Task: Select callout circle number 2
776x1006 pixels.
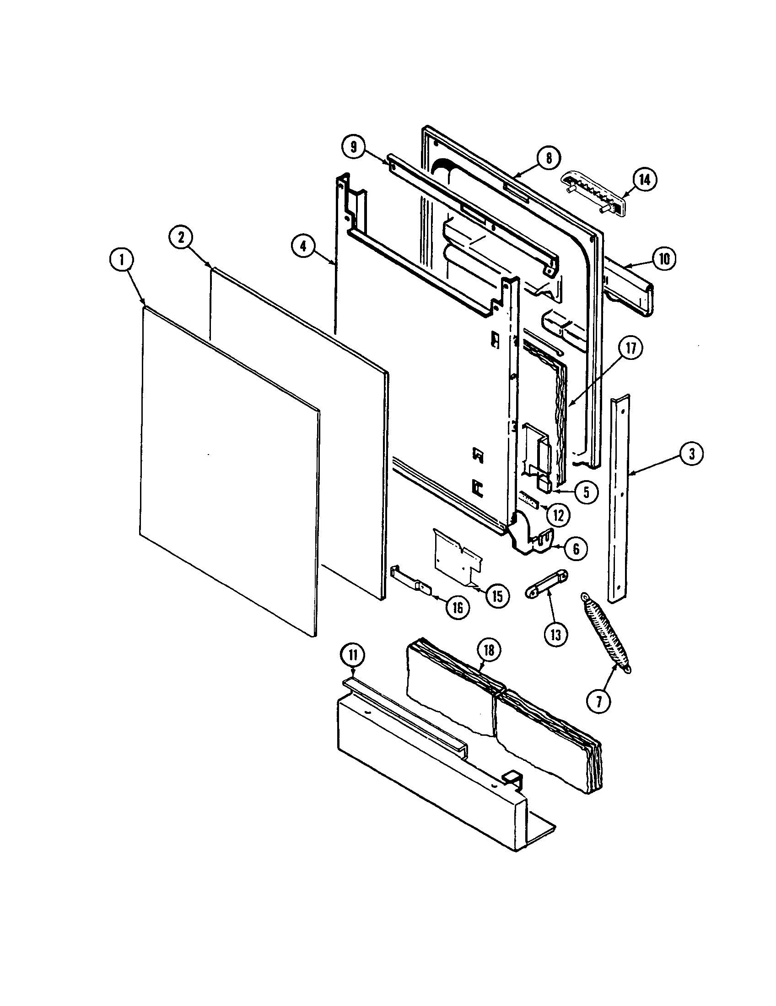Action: tap(181, 237)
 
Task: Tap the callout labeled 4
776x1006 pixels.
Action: tap(303, 246)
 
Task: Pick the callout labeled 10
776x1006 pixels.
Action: tap(663, 258)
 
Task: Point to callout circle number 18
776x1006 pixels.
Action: tap(489, 650)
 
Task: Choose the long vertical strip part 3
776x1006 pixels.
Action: tap(620, 498)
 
